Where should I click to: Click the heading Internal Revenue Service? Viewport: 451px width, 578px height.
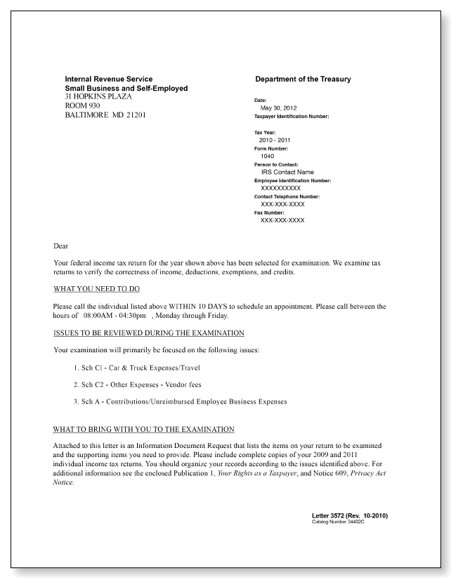click(108, 79)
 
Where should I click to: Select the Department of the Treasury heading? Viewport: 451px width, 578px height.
click(303, 79)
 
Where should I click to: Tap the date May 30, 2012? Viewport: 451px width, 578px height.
click(278, 108)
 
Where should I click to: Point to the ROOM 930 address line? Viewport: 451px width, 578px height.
click(84, 105)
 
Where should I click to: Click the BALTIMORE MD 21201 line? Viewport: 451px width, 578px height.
click(105, 114)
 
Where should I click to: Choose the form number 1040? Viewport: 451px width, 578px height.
click(267, 156)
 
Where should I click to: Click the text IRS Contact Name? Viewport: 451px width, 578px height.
click(287, 172)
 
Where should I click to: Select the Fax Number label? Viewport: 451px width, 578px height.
click(269, 212)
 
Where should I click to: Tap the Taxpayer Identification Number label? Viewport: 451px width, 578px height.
click(292, 116)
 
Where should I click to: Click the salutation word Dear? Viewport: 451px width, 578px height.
click(61, 246)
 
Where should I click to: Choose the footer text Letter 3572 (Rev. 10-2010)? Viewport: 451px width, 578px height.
click(349, 516)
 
